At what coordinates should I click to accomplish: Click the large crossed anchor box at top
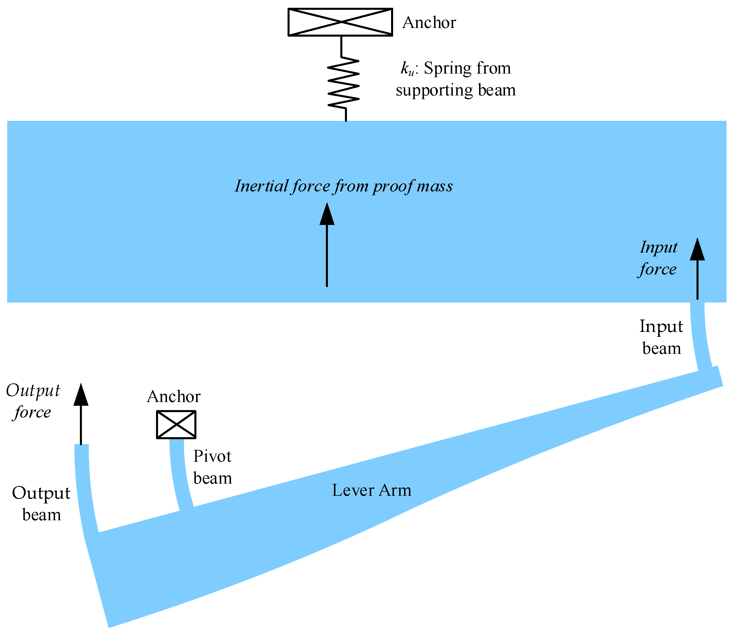point(340,22)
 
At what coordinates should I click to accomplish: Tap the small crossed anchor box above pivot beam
point(176,424)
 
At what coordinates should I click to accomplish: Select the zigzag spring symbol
point(343,84)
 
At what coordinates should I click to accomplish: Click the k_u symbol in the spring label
point(407,68)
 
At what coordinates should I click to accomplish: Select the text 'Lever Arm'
point(371,490)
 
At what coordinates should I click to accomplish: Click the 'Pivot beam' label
point(212,467)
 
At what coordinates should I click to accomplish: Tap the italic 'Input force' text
point(658,258)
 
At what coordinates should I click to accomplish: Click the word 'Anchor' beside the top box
point(429,23)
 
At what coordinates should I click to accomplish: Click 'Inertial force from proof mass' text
point(343,186)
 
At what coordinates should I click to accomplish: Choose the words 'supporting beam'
point(456,90)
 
